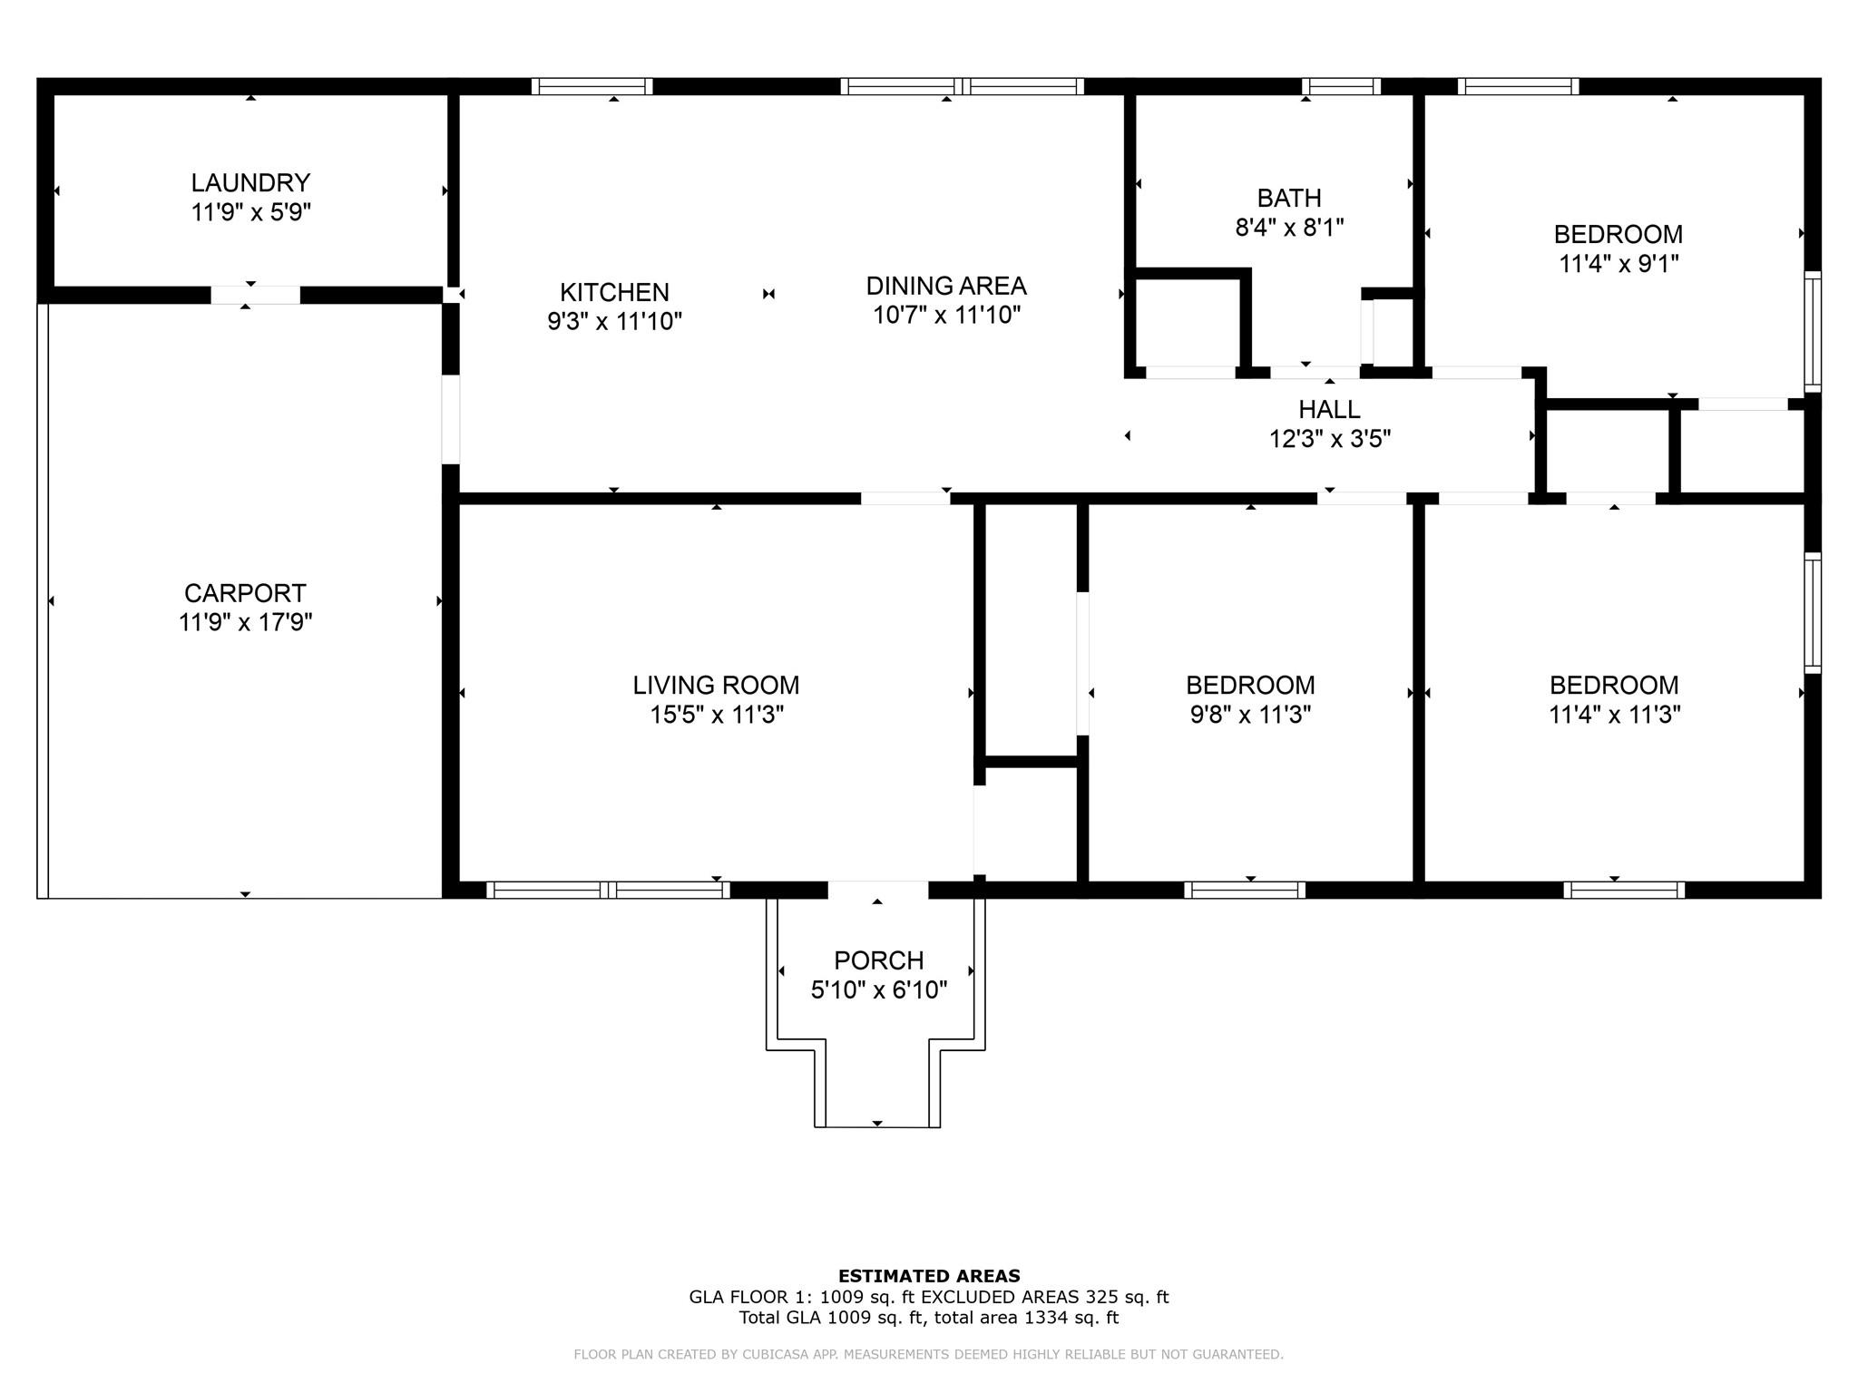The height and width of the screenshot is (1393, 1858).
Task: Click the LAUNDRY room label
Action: [250, 182]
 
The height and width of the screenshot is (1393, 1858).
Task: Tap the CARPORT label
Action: [245, 593]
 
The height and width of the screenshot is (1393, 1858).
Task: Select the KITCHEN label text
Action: [614, 292]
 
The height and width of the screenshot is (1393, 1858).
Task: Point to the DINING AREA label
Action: [946, 286]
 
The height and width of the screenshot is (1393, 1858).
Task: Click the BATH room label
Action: [1289, 198]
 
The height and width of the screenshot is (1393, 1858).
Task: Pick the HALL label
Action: [1329, 409]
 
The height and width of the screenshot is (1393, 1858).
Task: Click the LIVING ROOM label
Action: [716, 685]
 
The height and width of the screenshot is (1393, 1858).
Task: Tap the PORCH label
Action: [878, 960]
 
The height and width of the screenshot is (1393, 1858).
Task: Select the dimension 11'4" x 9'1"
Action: [1618, 264]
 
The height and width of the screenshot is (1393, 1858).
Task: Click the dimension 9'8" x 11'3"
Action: [1250, 715]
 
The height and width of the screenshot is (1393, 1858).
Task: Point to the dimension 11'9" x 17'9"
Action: [245, 622]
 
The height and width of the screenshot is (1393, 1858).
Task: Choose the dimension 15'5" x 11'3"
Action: [716, 715]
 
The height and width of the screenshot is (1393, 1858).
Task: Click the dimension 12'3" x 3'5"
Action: [1329, 439]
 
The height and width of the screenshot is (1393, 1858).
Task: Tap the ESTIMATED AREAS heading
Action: [929, 1276]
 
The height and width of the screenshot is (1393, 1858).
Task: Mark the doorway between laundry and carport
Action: [255, 295]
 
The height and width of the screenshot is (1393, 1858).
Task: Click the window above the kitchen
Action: [592, 86]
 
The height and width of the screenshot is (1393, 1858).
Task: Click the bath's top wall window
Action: [1341, 86]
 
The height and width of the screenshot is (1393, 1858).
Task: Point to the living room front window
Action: [608, 890]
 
